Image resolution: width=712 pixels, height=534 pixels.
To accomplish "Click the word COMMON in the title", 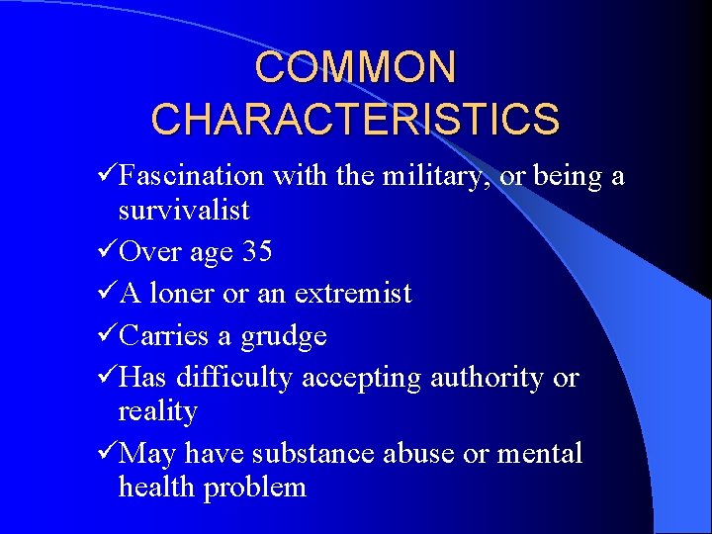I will [356, 67].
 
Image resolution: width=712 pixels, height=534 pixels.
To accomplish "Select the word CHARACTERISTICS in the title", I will [356, 119].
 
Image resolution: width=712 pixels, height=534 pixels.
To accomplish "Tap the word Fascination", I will [191, 177].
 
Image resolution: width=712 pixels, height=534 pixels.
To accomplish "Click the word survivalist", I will [184, 211].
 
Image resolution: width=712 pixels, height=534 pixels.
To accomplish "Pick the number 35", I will [256, 252].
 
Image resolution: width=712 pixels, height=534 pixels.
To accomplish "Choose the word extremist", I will [352, 294].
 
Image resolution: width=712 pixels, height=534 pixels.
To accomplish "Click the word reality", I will [158, 412].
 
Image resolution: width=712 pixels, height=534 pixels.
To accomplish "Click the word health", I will [155, 488].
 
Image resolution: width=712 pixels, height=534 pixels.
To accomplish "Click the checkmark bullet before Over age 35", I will [108, 251].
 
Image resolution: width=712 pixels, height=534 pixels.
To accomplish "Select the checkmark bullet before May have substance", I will [108, 453].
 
